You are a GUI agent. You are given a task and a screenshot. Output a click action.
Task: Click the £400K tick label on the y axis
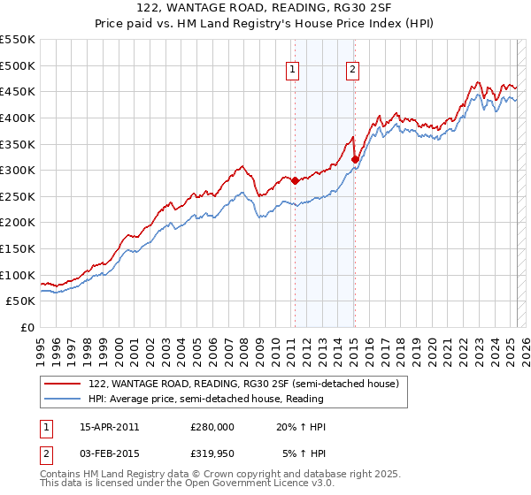(x=18, y=118)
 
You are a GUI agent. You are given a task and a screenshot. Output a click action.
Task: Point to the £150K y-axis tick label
(x=18, y=248)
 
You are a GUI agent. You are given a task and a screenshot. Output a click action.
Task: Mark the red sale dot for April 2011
(x=295, y=180)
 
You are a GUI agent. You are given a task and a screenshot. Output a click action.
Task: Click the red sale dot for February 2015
(x=355, y=160)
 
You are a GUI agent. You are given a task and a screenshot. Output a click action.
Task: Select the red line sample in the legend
(x=63, y=385)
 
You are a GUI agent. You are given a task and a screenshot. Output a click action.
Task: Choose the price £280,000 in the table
(x=212, y=427)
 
